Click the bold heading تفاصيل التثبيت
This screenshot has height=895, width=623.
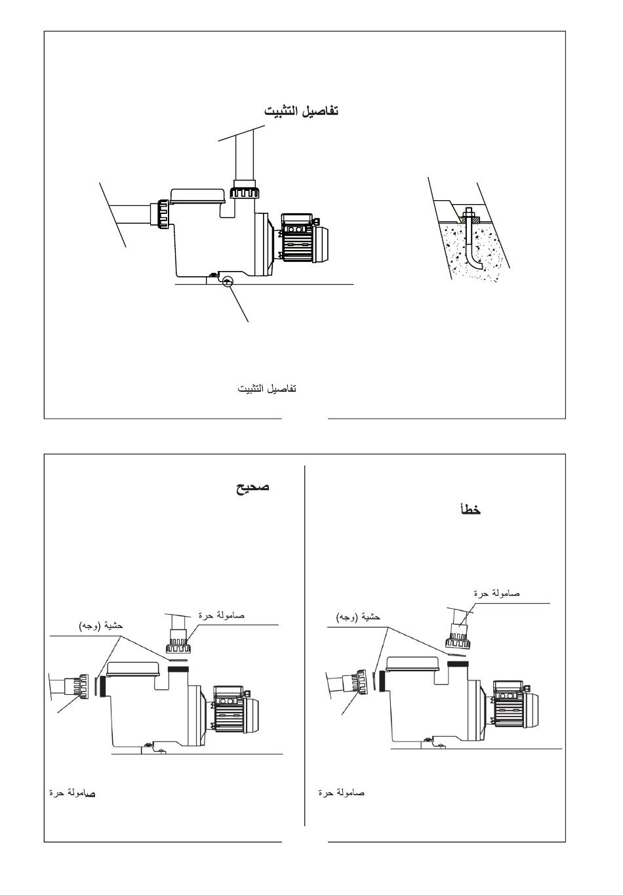(x=301, y=110)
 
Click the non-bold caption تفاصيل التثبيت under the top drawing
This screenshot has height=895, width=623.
(x=267, y=388)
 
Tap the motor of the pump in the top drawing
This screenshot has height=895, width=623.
(x=304, y=238)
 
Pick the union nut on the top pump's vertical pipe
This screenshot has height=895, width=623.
(x=245, y=189)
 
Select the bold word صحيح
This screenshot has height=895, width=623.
(x=252, y=488)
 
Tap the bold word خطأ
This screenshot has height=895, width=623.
(x=470, y=509)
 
